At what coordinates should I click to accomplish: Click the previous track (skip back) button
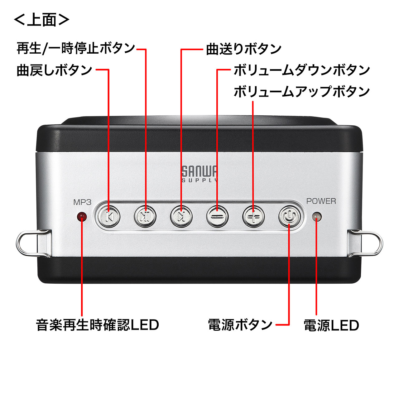[109, 217]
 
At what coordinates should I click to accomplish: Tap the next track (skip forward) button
[181, 217]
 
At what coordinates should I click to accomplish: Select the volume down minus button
[217, 217]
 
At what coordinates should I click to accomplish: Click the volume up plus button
[253, 217]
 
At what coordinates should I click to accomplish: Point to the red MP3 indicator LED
[82, 217]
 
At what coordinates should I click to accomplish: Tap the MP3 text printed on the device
[82, 202]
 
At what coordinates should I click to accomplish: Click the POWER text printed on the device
[321, 201]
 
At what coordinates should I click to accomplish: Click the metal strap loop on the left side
[33, 243]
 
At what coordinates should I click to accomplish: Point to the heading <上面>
[42, 20]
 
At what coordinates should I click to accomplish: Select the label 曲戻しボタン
[55, 70]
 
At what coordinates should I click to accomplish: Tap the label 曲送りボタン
[244, 49]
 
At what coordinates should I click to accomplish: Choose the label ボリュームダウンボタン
[302, 70]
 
